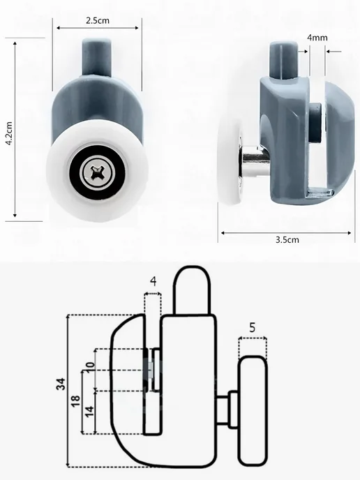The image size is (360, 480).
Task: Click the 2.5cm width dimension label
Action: point(98,20)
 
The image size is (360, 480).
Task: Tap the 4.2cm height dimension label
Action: point(9,133)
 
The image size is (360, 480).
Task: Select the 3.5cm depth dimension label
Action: point(287,240)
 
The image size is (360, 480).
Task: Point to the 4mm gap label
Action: point(317,38)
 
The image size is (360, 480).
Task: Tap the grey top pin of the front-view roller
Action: point(96,57)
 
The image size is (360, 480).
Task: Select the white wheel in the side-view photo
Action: point(230,161)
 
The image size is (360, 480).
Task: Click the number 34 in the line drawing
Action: point(61,384)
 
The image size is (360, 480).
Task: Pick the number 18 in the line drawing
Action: point(75,400)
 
